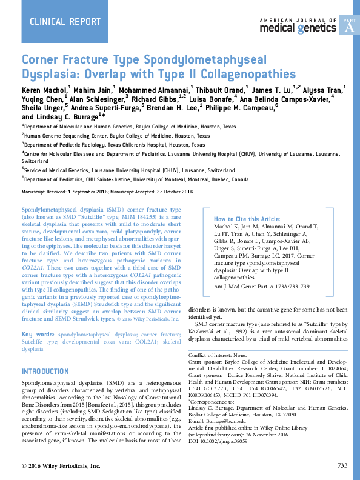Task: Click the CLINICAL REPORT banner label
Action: click(65, 22)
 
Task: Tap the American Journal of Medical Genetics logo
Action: click(297, 25)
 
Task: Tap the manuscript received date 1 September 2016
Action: click(99, 191)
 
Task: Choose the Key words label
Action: click(38, 335)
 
